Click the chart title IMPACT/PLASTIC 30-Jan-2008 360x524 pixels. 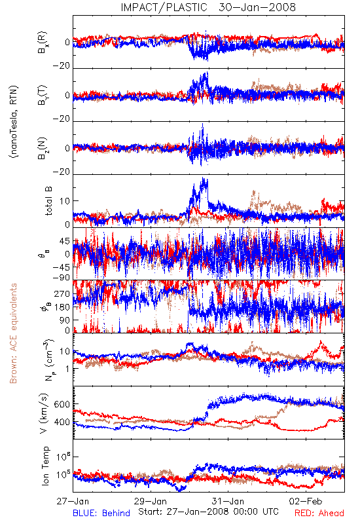tap(208, 7)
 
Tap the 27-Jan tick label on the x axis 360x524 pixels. tap(73, 501)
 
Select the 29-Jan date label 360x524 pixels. tap(151, 501)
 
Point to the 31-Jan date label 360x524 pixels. tap(228, 501)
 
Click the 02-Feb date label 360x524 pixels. tap(306, 501)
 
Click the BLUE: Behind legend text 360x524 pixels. tap(101, 513)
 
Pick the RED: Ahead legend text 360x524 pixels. tap(319, 513)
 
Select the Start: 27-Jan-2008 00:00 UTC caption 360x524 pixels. tap(208, 512)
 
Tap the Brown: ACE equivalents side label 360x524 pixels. tap(13, 333)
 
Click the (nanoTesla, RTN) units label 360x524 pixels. tap(14, 122)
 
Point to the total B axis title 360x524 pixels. tap(48, 200)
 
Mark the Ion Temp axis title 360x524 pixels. tap(45, 466)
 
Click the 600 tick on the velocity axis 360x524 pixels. tap(62, 404)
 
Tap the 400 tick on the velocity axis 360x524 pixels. tap(62, 422)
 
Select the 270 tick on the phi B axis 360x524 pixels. tap(62, 293)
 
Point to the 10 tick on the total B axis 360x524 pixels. tap(65, 201)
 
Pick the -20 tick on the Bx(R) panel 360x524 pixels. tap(62, 66)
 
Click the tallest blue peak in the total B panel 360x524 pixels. tap(203, 179)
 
